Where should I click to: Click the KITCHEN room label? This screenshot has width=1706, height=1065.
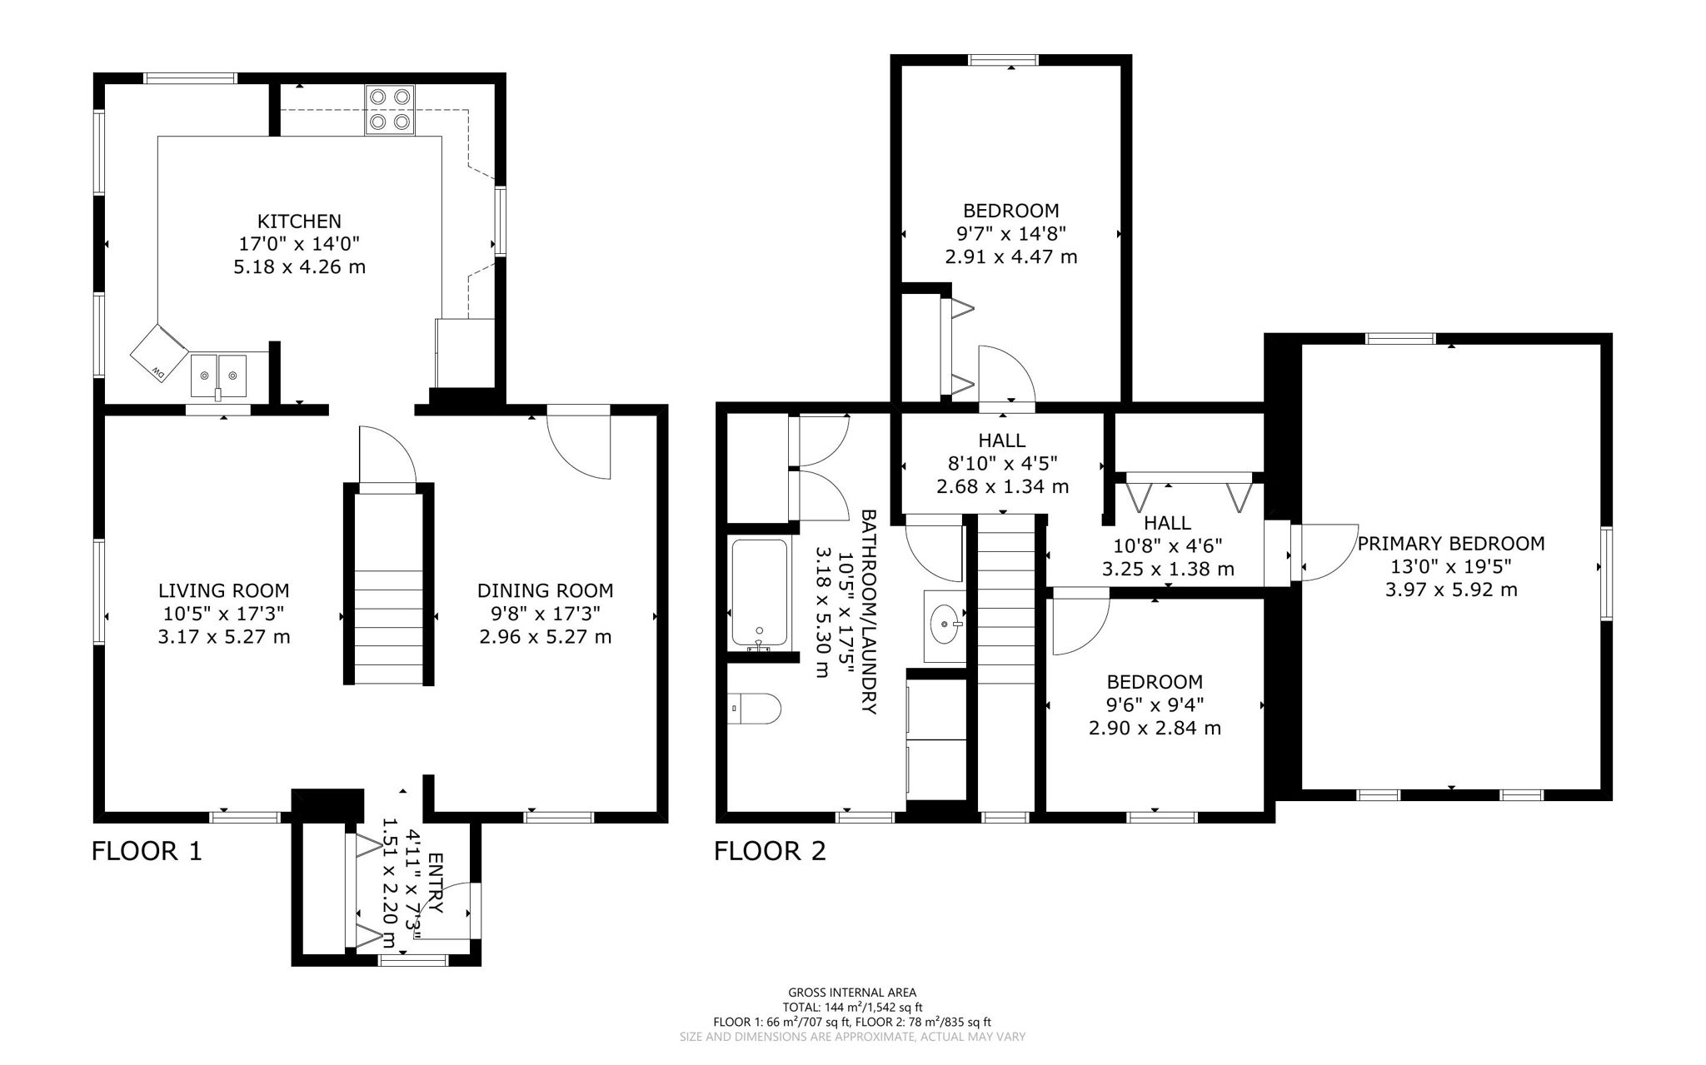pos(299,221)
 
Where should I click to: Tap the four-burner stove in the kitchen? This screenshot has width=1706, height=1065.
pos(390,110)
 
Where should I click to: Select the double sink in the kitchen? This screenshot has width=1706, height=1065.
pos(218,375)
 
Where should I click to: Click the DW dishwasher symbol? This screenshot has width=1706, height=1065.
pos(158,353)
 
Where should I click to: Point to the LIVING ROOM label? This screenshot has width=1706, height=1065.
pos(223,591)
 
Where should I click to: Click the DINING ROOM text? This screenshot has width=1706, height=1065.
pos(545,591)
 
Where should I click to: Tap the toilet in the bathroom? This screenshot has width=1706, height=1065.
pos(755,709)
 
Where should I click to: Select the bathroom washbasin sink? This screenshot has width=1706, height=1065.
pos(945,625)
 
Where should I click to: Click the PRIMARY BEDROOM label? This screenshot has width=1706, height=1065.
pos(1450,544)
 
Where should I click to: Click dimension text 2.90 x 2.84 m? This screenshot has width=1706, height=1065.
pos(1155,729)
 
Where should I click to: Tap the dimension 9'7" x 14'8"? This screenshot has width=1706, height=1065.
pos(1010,234)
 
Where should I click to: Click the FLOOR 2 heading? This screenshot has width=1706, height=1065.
pos(770,851)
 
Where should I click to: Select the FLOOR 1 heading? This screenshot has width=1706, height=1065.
pos(147,851)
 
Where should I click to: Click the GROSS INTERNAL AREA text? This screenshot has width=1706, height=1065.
pos(852,992)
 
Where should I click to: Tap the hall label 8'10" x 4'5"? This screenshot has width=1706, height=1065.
pos(1002,464)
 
